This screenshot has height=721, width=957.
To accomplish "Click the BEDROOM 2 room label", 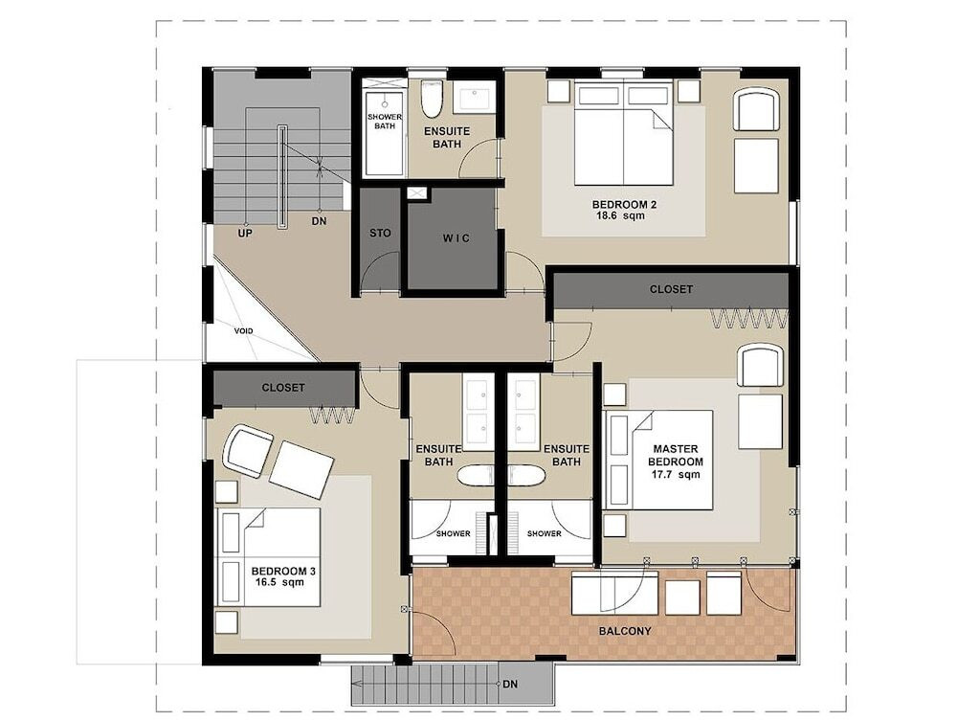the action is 618,205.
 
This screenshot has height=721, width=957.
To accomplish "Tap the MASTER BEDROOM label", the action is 675,456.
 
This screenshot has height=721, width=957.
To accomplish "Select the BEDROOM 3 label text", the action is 283,572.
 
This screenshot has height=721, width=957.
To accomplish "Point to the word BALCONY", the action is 624,631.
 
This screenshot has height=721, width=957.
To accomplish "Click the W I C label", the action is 456,238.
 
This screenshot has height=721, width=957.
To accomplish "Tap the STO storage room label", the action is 380,233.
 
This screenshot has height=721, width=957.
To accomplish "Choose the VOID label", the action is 243,331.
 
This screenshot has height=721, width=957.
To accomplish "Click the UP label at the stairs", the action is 245,234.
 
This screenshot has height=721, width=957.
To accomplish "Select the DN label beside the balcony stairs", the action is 510,685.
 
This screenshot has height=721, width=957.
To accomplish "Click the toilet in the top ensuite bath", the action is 432,100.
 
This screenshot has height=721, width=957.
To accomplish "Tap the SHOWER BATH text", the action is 385,121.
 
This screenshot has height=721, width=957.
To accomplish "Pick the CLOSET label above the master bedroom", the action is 671,289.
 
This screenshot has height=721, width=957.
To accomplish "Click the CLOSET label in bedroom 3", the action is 282,388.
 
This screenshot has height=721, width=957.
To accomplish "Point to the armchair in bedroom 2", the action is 757,108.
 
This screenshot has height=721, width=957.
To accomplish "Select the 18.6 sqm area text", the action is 619,215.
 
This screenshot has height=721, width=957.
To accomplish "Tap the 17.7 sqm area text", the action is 675,474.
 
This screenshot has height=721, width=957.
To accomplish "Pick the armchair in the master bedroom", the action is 761,365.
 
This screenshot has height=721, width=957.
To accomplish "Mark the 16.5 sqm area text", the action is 280,582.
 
